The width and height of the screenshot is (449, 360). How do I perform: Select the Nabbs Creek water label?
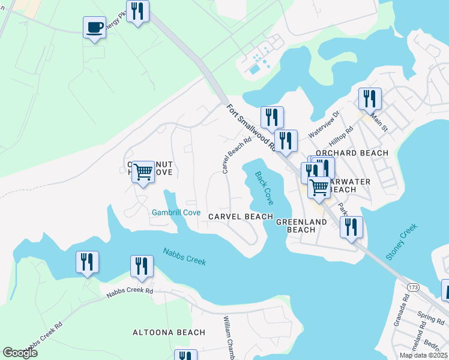click(x=184, y=256)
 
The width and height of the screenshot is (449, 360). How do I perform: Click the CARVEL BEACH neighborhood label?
click(x=240, y=216)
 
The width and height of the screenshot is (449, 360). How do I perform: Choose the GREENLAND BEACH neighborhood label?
click(x=301, y=226)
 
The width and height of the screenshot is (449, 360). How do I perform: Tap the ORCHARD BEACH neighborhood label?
click(x=359, y=153)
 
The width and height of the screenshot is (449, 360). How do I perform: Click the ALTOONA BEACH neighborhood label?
click(x=169, y=332)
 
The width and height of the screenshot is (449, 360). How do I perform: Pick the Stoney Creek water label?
click(x=402, y=242)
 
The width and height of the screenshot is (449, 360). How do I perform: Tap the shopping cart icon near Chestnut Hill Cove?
click(x=143, y=172)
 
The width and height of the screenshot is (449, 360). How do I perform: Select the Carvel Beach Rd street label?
click(x=235, y=155)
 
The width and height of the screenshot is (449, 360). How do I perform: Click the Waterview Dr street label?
click(x=324, y=123)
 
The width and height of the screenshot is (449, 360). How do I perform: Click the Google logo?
click(x=20, y=353)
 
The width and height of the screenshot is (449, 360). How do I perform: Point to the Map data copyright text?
click(x=424, y=355)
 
